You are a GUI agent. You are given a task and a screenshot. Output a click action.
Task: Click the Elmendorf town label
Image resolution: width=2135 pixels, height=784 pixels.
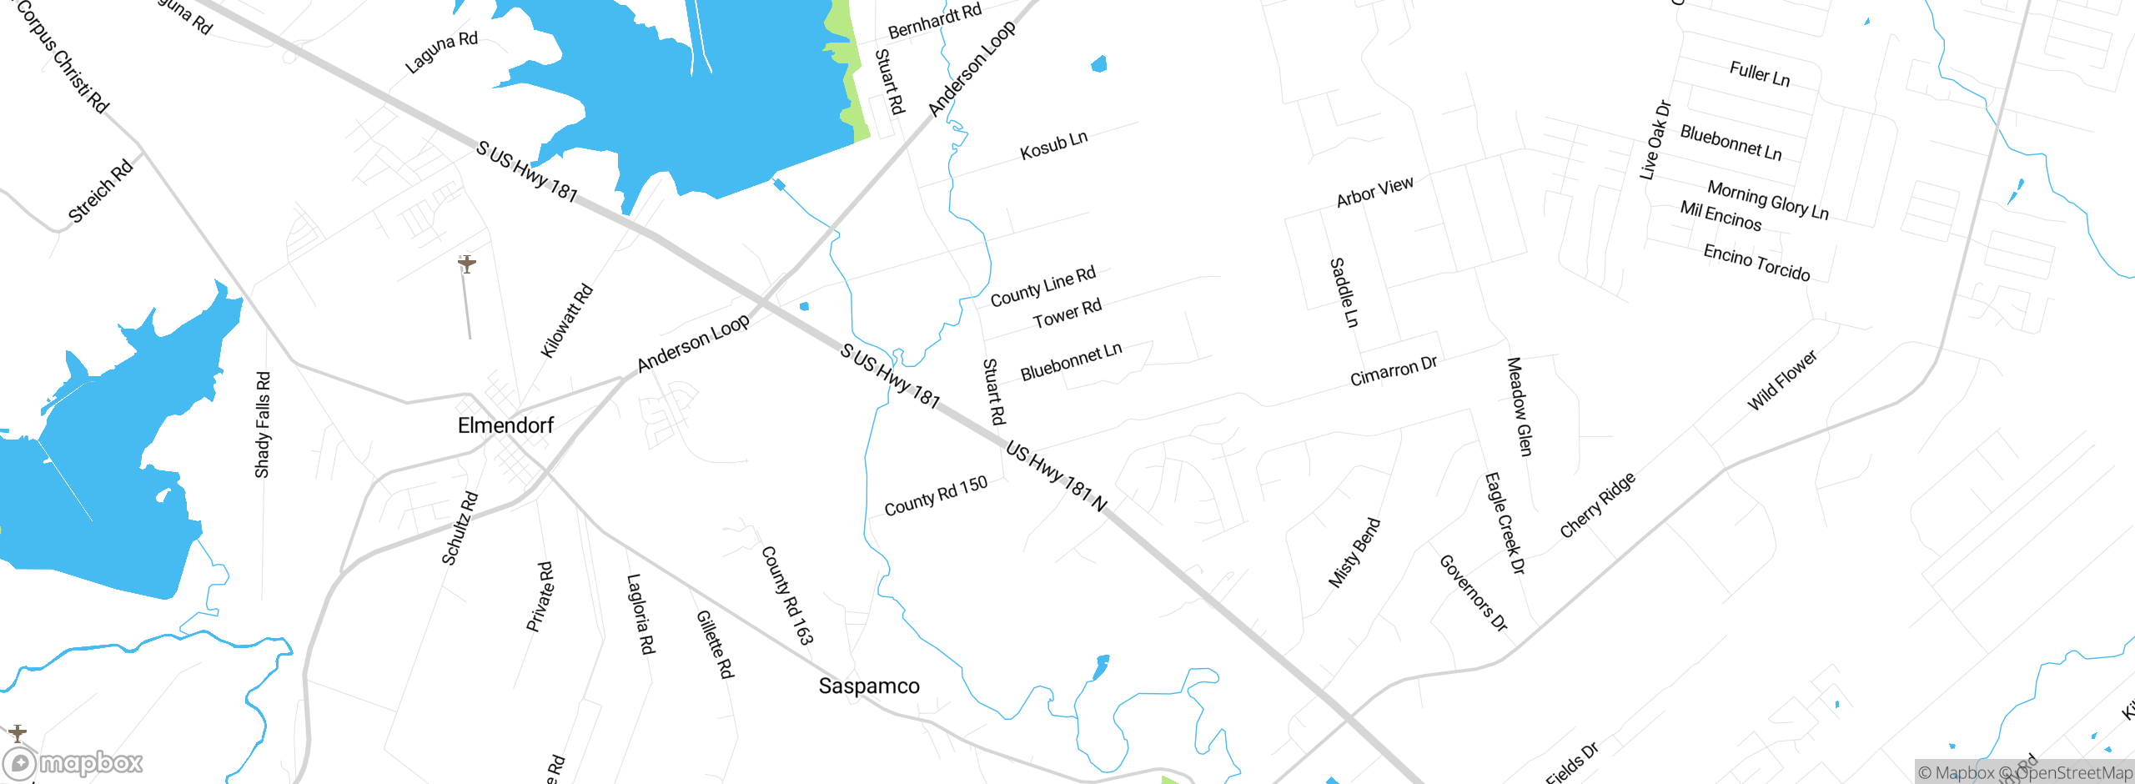505,425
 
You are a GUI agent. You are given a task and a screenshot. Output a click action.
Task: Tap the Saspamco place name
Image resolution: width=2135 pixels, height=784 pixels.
869,686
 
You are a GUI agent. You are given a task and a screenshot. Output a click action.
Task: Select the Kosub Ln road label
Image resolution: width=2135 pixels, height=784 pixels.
1054,145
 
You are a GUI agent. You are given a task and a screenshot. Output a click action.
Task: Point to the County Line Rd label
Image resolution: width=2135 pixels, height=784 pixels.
1042,286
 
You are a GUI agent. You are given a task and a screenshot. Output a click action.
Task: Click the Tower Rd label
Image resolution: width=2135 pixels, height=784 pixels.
1067,314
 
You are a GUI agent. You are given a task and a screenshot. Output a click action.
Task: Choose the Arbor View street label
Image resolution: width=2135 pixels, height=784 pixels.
1374,192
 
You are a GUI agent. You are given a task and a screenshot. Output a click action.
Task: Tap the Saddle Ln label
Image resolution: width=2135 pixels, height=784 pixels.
1344,292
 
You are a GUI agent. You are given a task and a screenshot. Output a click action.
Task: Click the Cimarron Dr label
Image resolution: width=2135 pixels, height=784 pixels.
1394,371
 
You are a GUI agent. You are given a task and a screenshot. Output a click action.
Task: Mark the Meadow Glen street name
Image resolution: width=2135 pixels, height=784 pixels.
1519,406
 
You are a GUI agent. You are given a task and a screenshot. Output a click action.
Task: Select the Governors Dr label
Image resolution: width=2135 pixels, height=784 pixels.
1474,593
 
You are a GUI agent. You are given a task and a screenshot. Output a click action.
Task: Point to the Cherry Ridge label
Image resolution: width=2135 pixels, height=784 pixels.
1597,505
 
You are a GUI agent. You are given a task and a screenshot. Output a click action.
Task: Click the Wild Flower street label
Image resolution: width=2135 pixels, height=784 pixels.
1781,380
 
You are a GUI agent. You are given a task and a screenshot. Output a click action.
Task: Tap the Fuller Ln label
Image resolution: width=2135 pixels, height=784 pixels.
1760,74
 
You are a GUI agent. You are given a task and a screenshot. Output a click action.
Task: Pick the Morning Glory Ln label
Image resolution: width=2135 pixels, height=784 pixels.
1768,200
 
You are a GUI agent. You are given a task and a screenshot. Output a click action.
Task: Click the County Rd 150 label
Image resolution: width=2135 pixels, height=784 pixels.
936,496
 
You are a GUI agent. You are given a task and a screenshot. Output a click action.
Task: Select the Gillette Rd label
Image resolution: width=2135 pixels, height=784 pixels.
715,644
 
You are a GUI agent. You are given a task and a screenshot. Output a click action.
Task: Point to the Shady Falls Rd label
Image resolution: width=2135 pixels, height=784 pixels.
263,425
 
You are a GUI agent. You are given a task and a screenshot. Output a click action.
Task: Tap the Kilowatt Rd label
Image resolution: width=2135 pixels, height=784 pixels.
566,321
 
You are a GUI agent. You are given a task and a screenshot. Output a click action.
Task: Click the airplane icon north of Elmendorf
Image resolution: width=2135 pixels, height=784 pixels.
467,264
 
